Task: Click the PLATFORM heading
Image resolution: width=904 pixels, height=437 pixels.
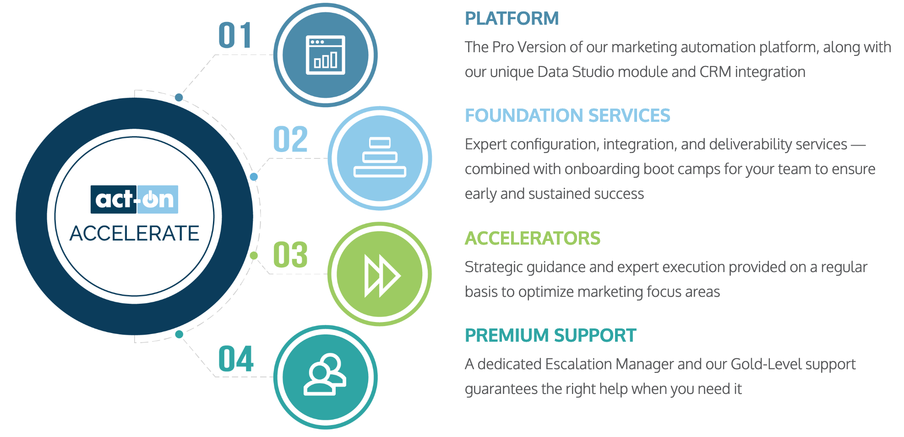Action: click(512, 19)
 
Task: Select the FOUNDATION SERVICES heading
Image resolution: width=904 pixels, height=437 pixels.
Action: click(567, 116)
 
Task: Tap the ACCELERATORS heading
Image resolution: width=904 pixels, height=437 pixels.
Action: click(533, 239)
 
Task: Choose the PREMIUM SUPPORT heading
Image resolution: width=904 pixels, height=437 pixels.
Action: click(550, 336)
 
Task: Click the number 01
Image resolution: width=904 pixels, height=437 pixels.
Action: click(235, 35)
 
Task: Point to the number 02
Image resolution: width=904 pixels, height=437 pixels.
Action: click(290, 139)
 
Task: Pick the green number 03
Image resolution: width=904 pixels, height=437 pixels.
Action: click(290, 255)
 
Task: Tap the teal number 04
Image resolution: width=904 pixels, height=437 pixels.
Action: click(236, 359)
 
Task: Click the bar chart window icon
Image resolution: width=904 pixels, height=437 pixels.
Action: click(326, 55)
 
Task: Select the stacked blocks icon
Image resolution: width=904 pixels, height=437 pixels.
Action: click(380, 157)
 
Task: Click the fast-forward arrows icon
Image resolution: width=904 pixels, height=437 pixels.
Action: click(382, 276)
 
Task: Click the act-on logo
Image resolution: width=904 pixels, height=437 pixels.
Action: click(134, 199)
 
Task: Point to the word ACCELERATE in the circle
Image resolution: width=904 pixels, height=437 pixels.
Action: click(134, 233)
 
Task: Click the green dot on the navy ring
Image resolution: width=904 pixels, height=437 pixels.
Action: click(254, 256)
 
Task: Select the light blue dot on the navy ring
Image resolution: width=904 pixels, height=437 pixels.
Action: click(254, 177)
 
